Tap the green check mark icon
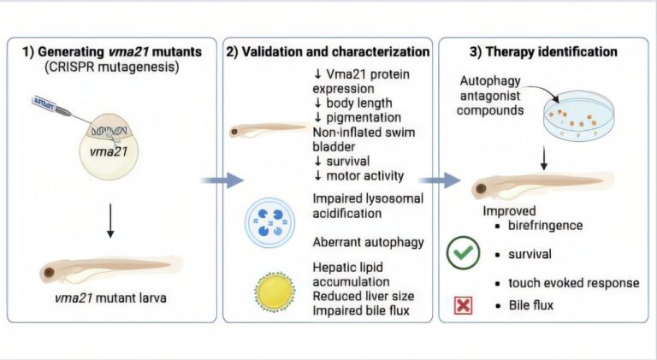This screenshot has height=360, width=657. [x=464, y=254]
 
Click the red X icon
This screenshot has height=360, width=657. [x=464, y=304]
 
